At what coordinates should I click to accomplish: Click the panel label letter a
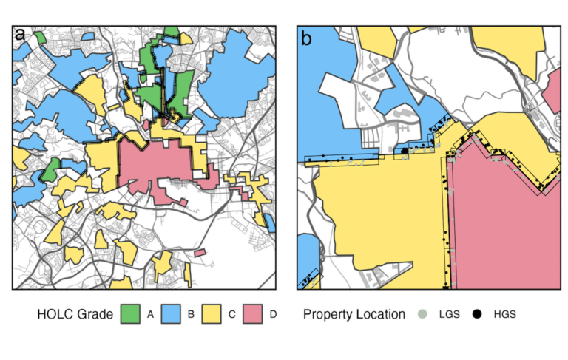tap(20, 35)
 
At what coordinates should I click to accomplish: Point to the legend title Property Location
tap(354, 314)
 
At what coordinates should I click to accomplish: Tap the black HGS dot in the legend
tap(477, 314)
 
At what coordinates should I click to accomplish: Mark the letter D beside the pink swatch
tap(273, 314)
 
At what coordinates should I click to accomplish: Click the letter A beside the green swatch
tap(150, 314)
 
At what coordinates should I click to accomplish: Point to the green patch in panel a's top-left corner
tap(41, 35)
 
